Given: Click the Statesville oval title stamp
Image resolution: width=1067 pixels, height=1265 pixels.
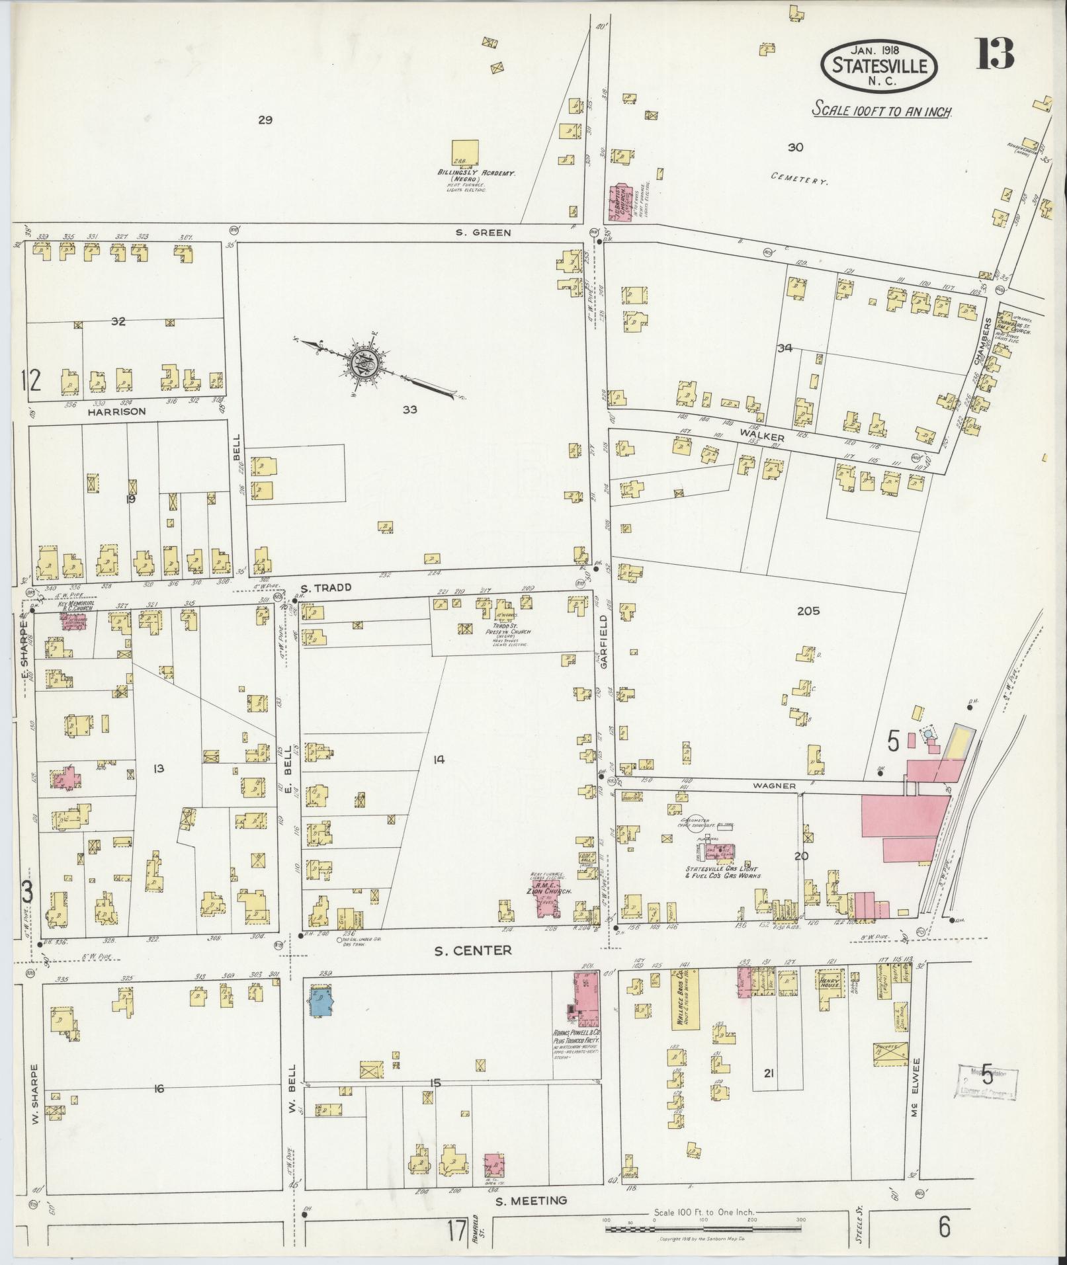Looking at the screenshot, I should [x=879, y=65].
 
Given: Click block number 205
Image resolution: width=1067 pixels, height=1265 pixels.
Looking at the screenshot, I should [x=808, y=611].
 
